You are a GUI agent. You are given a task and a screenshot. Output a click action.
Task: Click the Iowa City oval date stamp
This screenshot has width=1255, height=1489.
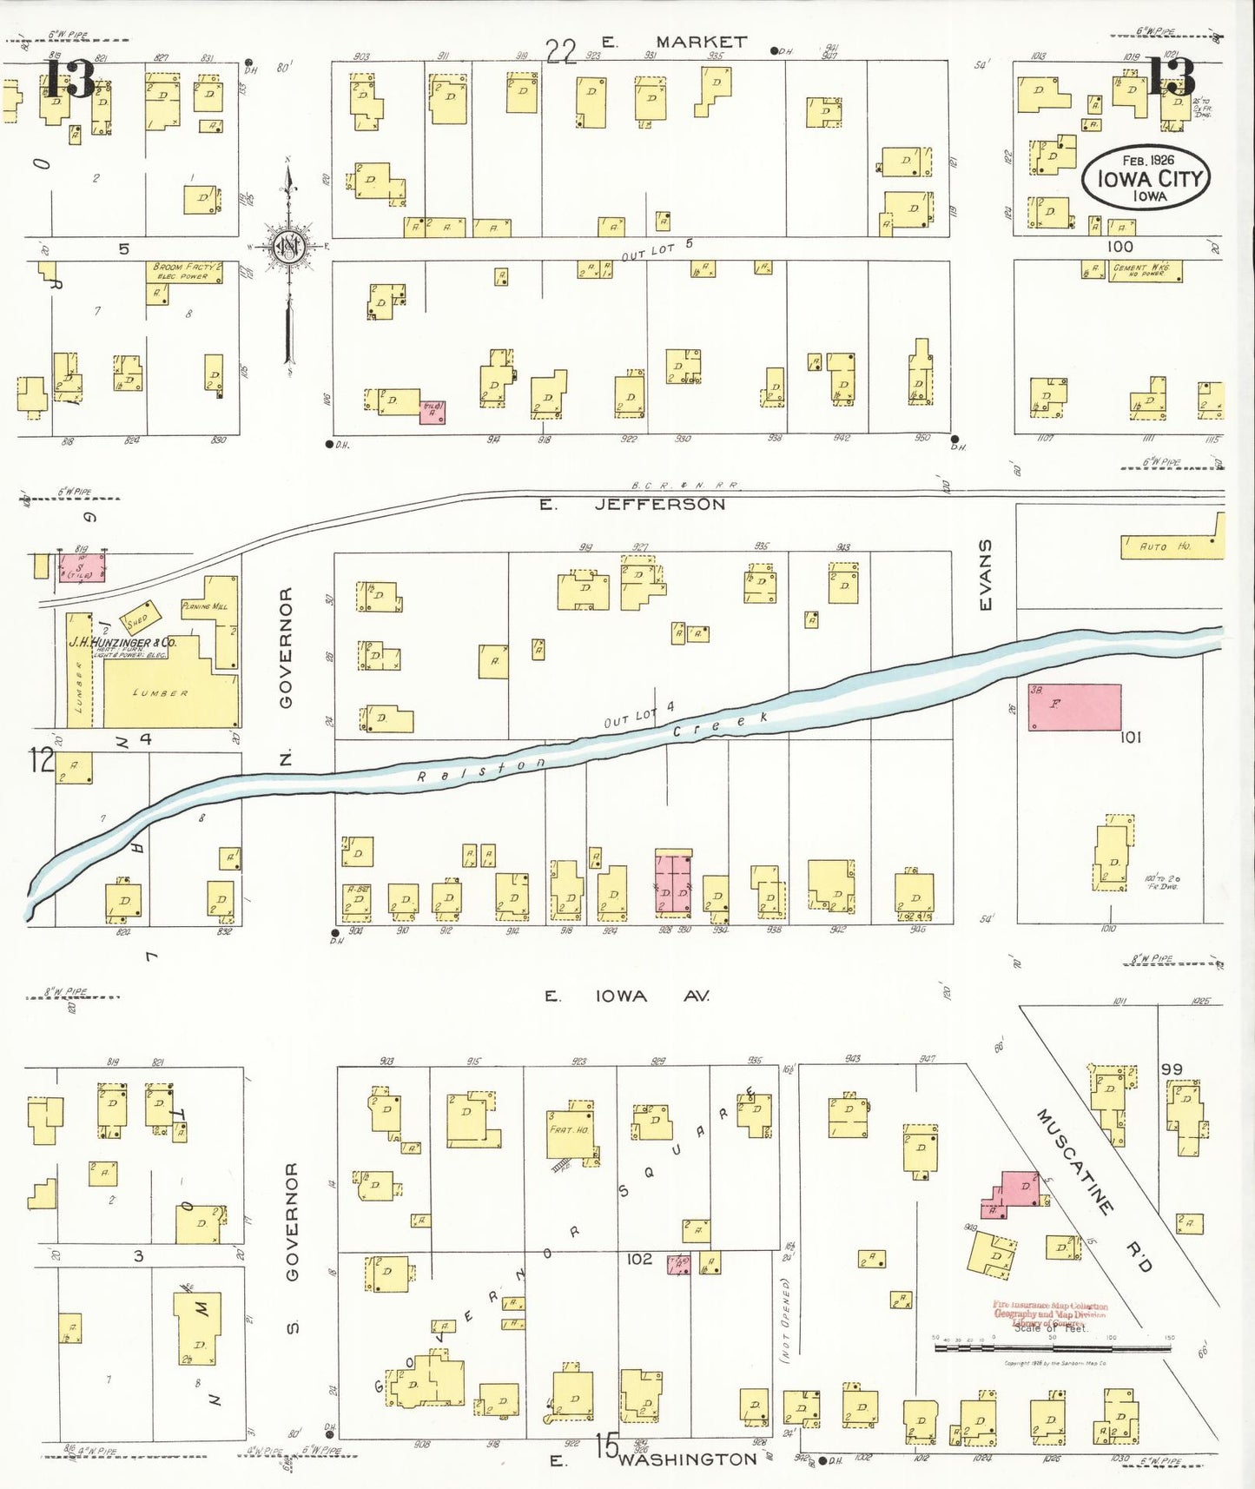click(x=1146, y=178)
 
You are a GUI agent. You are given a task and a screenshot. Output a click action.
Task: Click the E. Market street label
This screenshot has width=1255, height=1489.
click(x=674, y=42)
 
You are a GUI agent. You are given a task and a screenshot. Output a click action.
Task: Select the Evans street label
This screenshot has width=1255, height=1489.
click(x=985, y=574)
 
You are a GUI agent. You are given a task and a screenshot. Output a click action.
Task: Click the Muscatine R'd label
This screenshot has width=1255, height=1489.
click(x=1093, y=1190)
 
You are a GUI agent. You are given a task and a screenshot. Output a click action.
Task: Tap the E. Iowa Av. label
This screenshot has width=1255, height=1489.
click(x=626, y=996)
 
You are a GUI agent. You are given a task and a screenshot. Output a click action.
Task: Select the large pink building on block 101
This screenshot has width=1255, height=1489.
click(x=1074, y=707)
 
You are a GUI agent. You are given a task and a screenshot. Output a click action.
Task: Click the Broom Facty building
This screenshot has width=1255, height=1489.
click(x=183, y=272)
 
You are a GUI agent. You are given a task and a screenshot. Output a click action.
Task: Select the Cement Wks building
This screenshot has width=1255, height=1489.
click(x=1145, y=271)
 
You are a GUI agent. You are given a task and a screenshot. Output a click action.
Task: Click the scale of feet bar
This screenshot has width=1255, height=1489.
click(x=1052, y=1348)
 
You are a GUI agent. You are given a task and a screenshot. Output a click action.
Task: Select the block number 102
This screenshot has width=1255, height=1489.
click(x=638, y=1258)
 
